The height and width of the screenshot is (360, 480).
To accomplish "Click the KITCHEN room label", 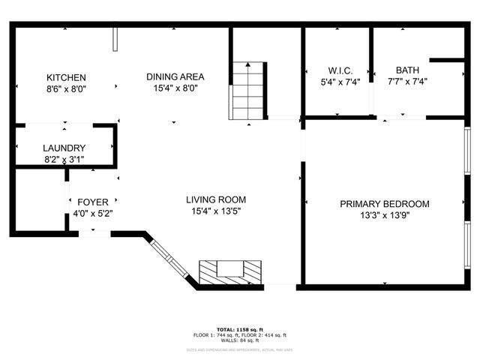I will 66,77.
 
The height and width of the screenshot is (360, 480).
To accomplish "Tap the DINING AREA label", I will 175,76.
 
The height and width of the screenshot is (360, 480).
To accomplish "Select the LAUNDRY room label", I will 64,148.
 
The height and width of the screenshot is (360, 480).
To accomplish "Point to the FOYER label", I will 93,202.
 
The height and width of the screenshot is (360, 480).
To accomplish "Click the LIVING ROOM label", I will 216,199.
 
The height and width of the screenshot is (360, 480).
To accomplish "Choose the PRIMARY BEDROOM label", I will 384,204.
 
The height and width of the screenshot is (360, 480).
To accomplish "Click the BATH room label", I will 397,70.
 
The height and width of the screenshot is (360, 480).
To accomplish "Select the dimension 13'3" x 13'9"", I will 384,216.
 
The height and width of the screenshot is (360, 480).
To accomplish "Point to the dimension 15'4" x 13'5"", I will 216,211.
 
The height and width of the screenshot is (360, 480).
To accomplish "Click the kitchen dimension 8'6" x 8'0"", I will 66,88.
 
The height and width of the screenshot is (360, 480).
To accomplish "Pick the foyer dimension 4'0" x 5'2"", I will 93,214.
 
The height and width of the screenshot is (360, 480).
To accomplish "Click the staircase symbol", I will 247,91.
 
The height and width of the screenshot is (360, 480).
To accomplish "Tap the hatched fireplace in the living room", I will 231,271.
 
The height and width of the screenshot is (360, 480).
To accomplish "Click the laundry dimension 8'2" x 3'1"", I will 64,160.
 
